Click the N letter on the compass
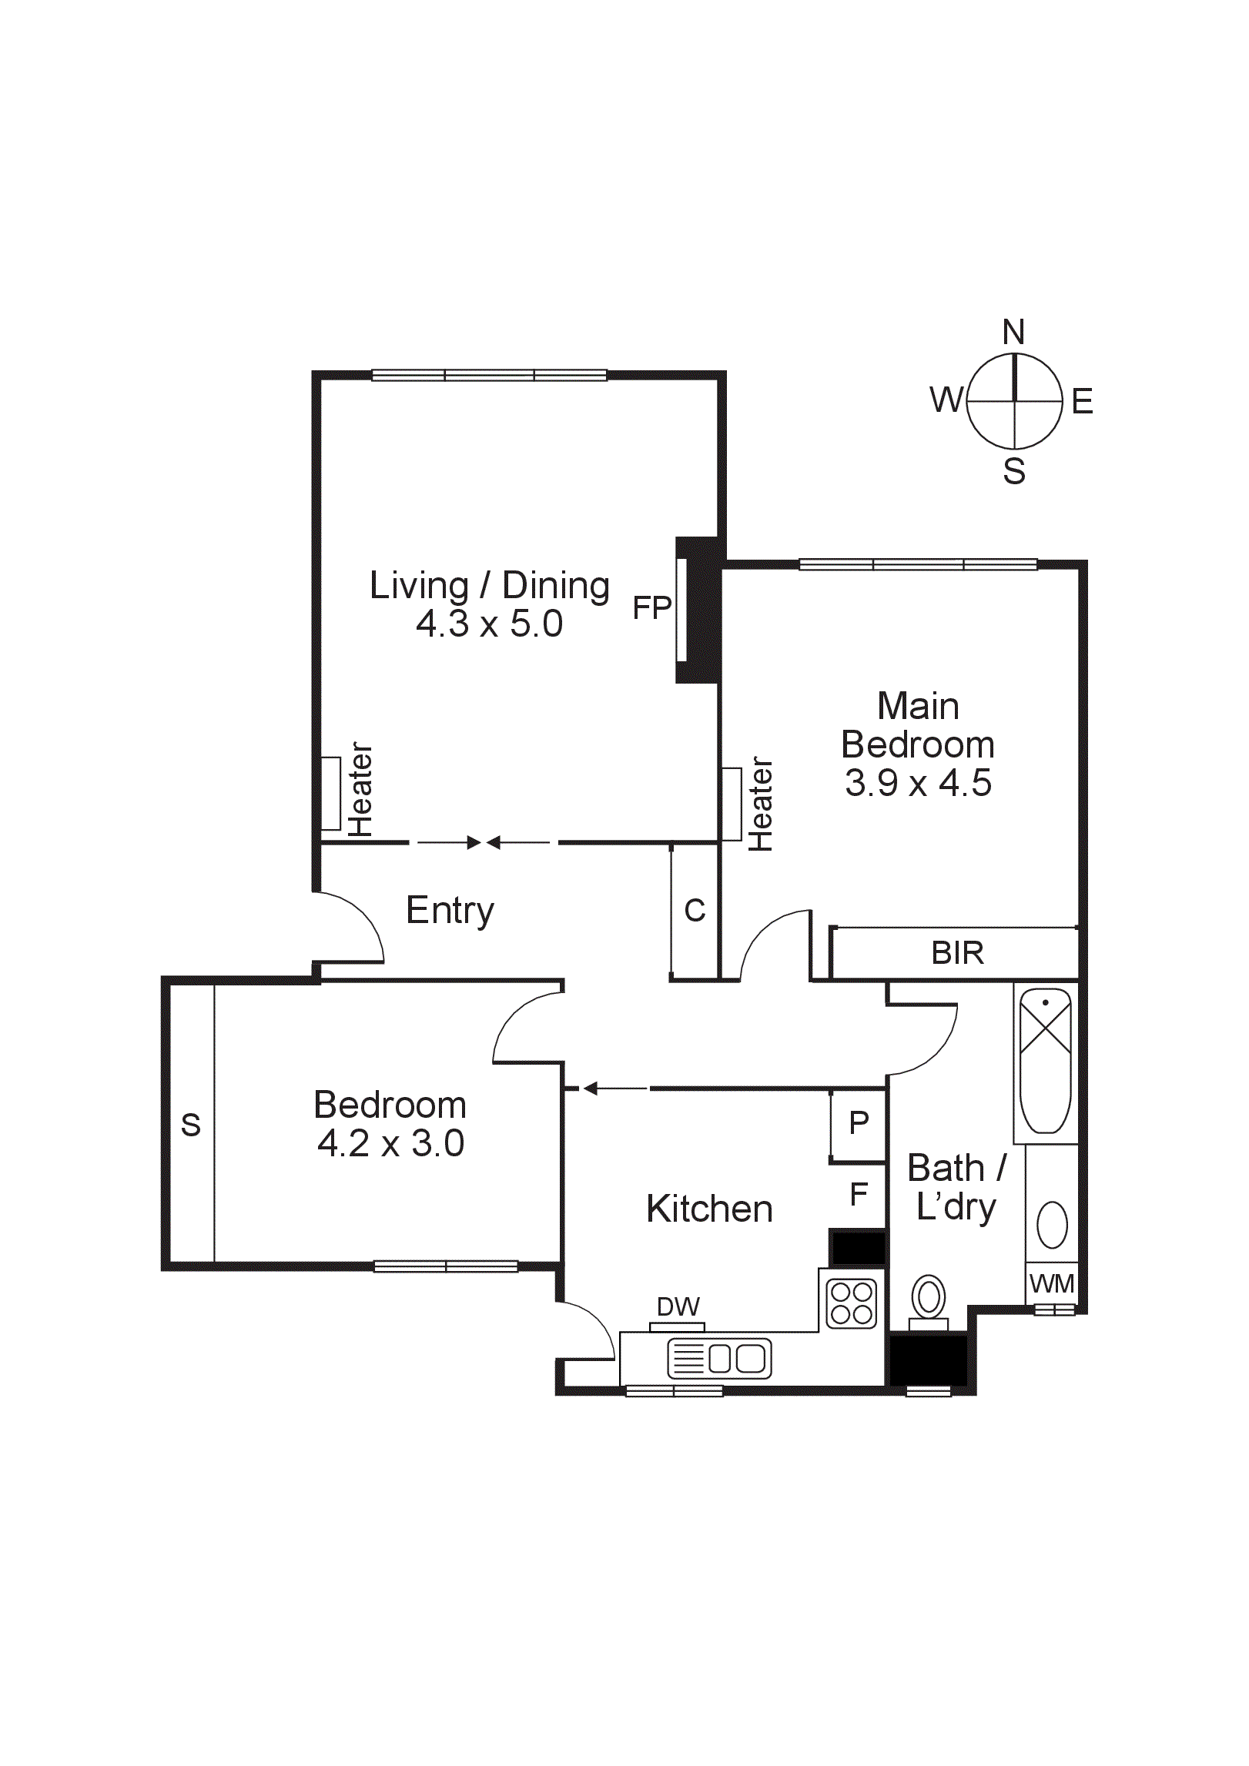click(1013, 333)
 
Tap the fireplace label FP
click(651, 608)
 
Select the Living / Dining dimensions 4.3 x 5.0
click(489, 624)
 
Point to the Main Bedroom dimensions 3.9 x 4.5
click(918, 783)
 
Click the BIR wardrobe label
click(957, 953)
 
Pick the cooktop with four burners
click(852, 1303)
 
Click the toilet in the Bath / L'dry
click(929, 1299)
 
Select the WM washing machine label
click(1052, 1283)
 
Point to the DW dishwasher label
click(678, 1306)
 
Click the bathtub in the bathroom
click(1045, 1061)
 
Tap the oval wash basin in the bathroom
click(1052, 1224)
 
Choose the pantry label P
click(859, 1123)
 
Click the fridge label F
click(859, 1195)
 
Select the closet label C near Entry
click(695, 911)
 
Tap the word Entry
click(450, 911)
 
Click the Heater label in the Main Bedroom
click(760, 804)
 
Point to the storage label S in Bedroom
click(190, 1125)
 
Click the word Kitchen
click(709, 1209)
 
